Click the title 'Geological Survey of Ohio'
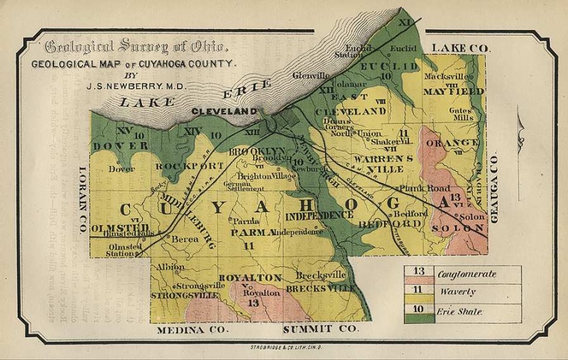click(136, 48)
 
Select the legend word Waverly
click(457, 292)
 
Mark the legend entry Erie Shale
click(461, 311)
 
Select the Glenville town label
click(310, 74)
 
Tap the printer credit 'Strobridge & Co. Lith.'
click(283, 346)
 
